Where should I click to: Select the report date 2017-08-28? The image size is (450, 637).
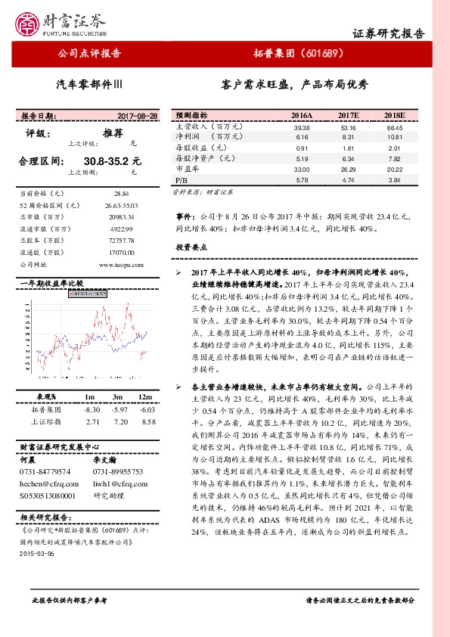138,116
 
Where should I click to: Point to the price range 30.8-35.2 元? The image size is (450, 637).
113,161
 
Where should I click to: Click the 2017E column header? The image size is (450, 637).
348,115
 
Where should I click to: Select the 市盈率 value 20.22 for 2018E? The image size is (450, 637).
395,171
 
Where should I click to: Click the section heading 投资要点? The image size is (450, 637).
192,247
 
